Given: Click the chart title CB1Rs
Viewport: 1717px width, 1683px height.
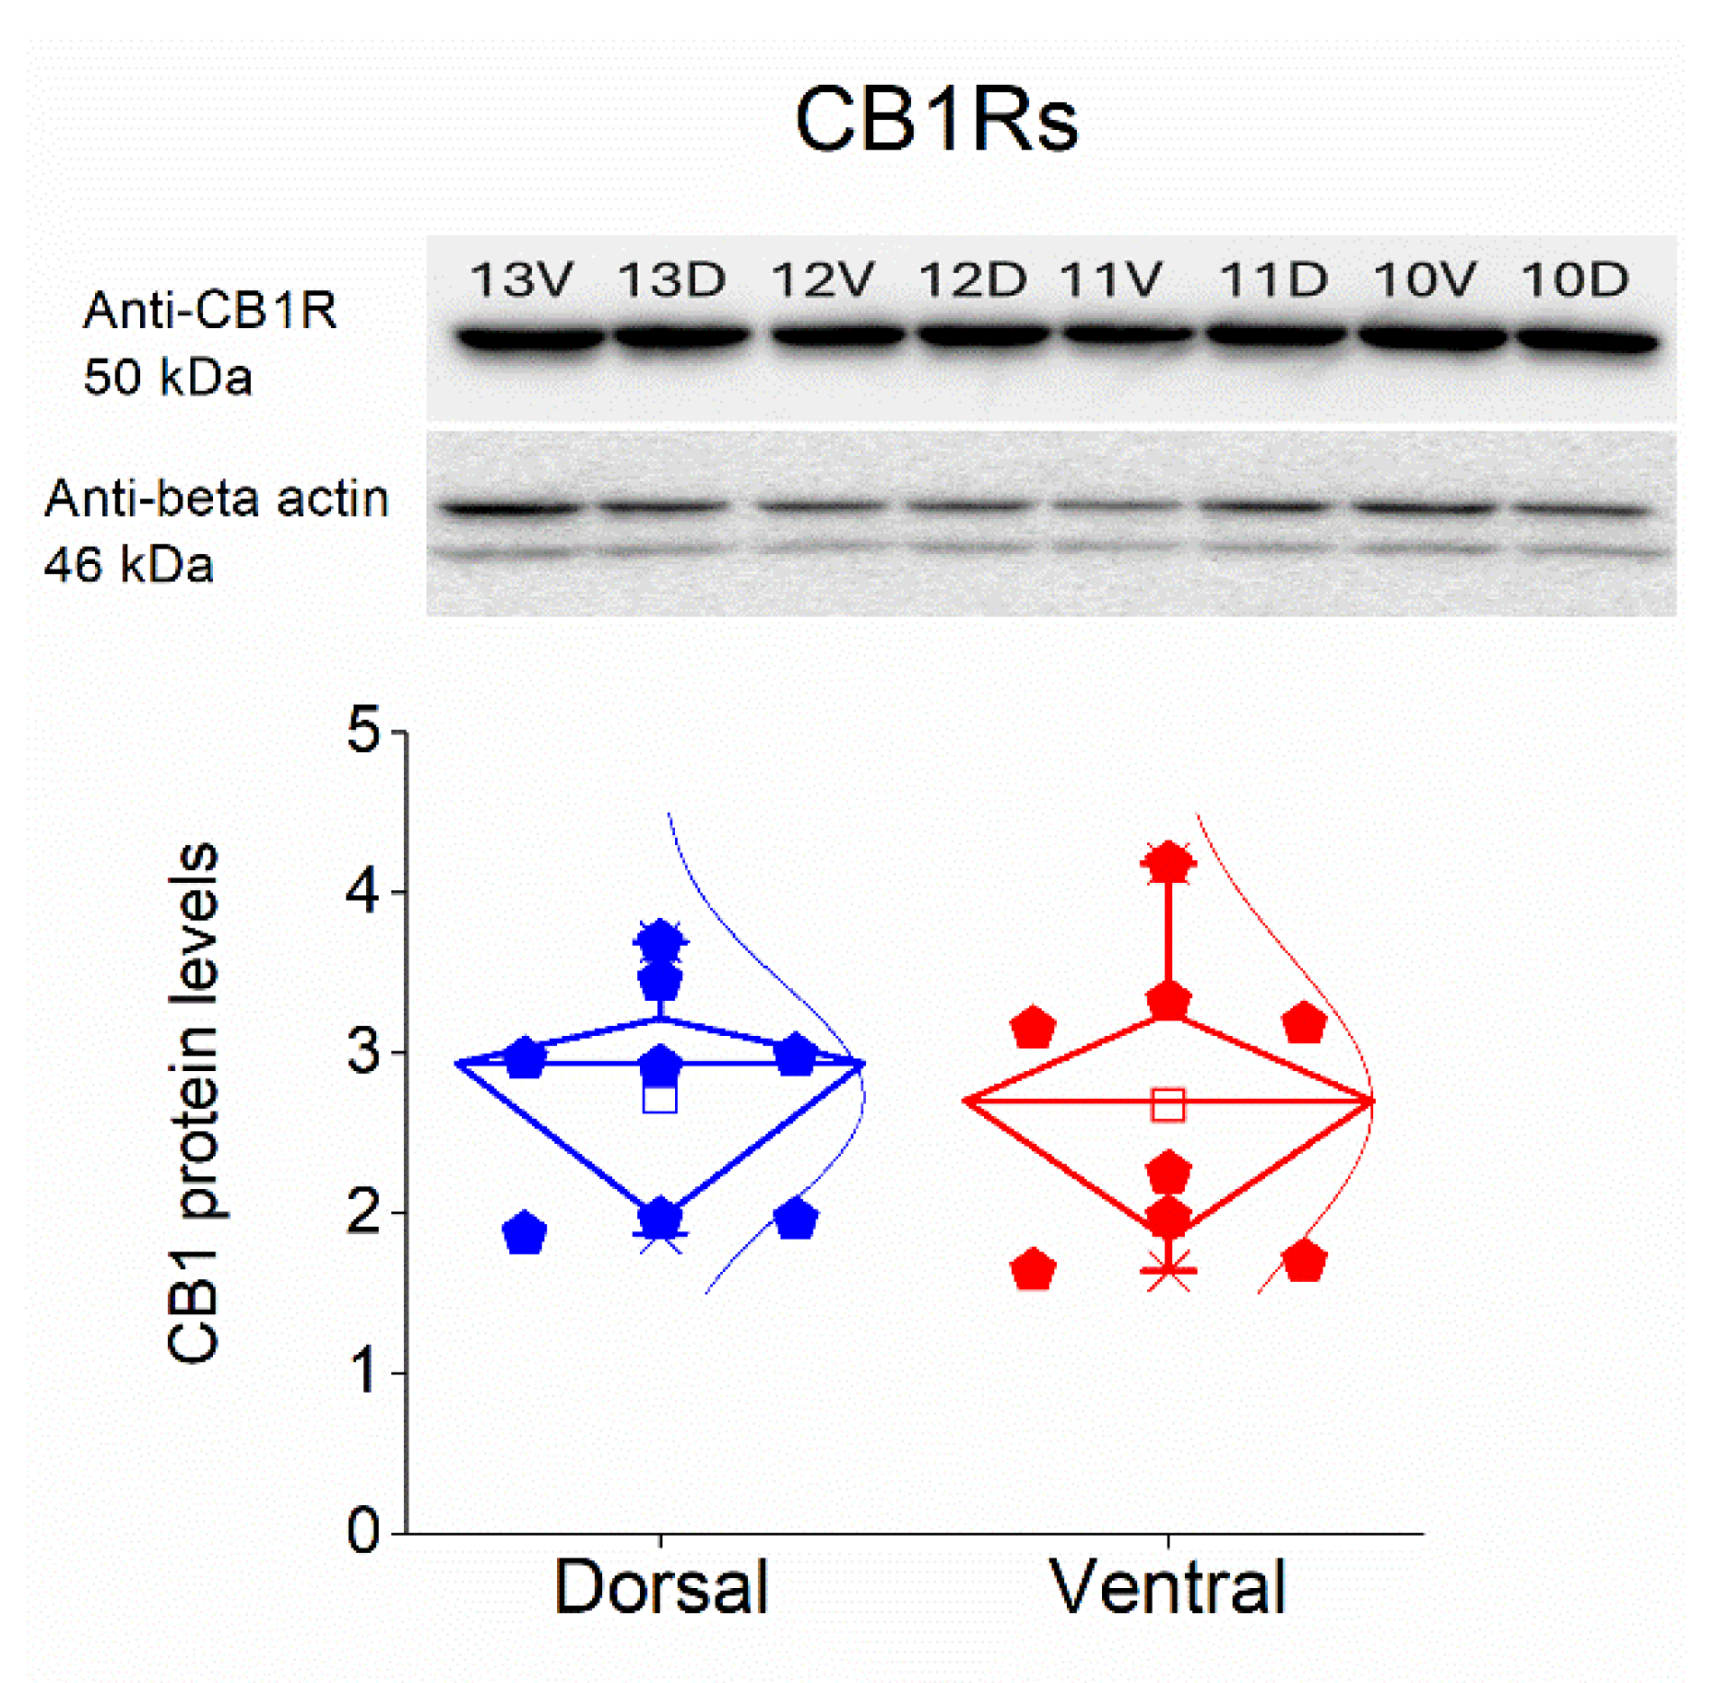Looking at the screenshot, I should pos(935,121).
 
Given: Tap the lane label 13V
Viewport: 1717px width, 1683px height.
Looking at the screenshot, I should pos(522,278).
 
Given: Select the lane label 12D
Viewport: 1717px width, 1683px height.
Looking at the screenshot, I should pos(973,278).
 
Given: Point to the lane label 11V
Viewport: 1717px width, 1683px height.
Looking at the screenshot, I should pos(1110,278).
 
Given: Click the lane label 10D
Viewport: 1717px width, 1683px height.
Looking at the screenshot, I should pos(1574,278).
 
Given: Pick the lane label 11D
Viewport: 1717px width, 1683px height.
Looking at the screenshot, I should pos(1273,278).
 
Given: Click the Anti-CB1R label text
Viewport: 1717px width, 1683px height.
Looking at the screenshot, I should pos(210,311).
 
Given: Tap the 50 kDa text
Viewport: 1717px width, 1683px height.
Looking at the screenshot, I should pos(168,378).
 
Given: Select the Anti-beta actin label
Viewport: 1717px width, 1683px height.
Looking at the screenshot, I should pos(217,499).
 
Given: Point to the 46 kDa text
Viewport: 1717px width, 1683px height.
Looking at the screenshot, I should pos(129,565).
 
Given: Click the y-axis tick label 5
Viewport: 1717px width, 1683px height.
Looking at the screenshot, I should pos(363,731).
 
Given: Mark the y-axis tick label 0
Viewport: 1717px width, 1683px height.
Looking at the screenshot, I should pos(363,1531).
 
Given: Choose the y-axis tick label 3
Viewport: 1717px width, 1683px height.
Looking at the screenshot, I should pos(363,1052).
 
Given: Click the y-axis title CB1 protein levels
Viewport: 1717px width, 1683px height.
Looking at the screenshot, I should pos(194,1101).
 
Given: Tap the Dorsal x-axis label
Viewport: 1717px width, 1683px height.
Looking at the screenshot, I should pos(660,1587).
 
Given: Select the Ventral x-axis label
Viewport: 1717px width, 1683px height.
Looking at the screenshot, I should pos(1167,1587).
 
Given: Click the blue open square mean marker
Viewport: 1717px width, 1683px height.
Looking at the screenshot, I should pos(660,1098).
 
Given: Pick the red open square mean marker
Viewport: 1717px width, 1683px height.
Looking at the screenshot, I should pos(1168,1104).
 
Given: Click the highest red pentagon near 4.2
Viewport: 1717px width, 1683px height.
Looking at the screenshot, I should pos(1168,864).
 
